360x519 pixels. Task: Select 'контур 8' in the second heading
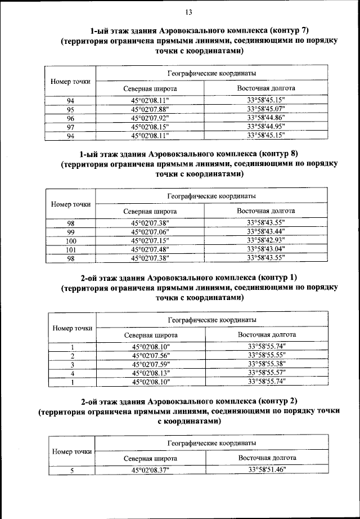(279, 153)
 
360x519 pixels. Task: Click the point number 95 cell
(70, 109)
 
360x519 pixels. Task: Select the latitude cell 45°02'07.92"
(150, 118)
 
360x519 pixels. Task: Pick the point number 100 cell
(70, 241)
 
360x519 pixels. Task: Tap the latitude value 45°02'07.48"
(150, 249)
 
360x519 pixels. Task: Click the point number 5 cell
(72, 470)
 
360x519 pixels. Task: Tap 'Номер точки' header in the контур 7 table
(70, 82)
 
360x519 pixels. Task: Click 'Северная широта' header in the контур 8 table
(150, 212)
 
